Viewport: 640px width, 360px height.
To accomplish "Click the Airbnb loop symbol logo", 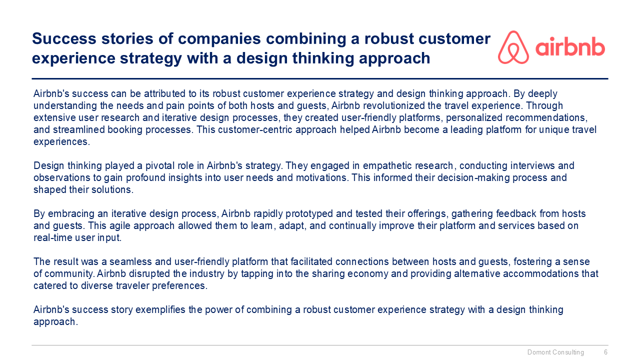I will tap(513, 47).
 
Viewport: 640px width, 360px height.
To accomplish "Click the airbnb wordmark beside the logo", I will tap(570, 48).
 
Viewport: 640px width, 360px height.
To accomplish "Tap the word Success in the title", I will tap(62, 38).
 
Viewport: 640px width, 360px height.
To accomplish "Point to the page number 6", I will tap(605, 352).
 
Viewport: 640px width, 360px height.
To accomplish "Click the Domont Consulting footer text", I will tap(555, 352).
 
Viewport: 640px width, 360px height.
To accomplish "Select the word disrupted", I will tap(149, 273).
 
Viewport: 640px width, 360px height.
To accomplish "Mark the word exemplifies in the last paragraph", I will tap(162, 309).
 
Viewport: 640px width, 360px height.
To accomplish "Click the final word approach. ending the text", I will tap(55, 321).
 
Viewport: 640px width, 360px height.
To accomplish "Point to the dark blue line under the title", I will tap(320, 78).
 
